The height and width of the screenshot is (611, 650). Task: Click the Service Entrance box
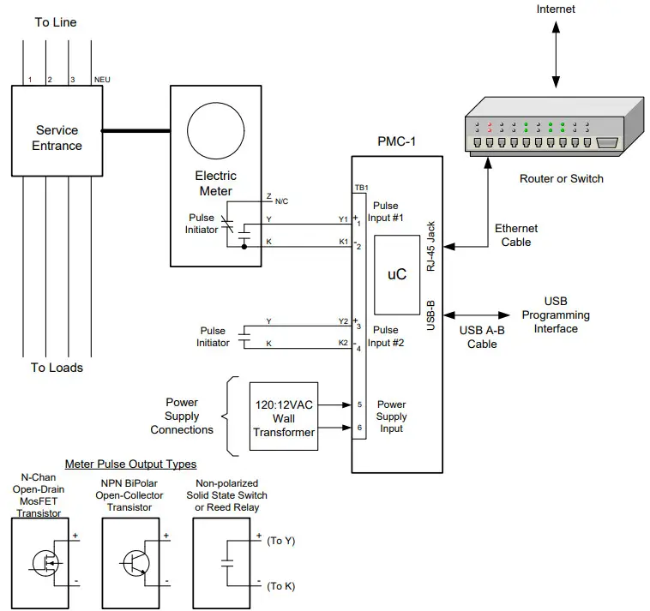[57, 138]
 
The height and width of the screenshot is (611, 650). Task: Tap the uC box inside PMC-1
[396, 274]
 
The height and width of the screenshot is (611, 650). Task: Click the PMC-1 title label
[396, 142]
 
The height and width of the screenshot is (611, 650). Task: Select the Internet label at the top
[556, 9]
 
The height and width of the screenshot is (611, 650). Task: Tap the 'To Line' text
[56, 22]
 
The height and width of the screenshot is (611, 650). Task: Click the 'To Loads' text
[57, 368]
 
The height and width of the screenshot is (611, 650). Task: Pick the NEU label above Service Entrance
[102, 80]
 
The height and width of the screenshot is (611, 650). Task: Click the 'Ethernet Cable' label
[516, 235]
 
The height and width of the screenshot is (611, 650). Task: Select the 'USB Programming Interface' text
[555, 315]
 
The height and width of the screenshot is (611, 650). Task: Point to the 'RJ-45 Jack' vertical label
[432, 245]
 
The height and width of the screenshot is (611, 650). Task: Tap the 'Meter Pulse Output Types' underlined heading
[130, 464]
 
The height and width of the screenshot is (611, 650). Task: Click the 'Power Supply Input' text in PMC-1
[392, 416]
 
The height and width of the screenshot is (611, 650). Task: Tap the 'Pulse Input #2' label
[385, 336]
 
